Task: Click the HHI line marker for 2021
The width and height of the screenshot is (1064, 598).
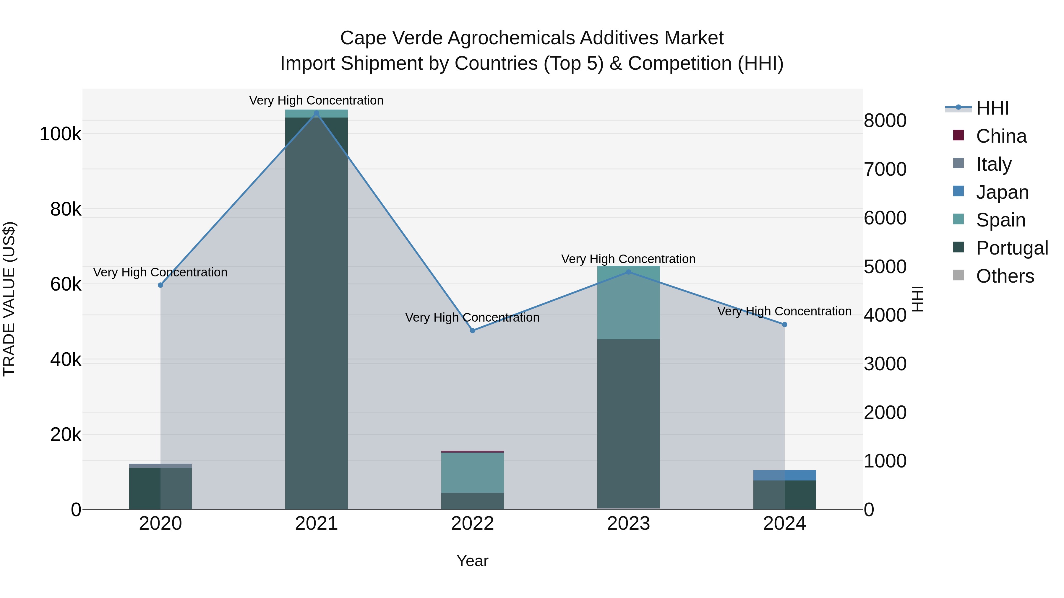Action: click(x=316, y=113)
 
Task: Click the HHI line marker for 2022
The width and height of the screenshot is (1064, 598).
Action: click(x=473, y=330)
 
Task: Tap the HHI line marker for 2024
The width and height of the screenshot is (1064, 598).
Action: click(x=784, y=324)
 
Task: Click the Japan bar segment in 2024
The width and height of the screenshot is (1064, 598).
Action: click(x=784, y=475)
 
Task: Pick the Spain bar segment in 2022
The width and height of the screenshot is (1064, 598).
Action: click(x=473, y=472)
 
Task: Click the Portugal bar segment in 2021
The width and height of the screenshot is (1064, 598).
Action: click(x=316, y=314)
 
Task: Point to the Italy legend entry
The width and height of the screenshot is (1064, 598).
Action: click(x=993, y=164)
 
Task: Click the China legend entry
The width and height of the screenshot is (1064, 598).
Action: click(x=1001, y=136)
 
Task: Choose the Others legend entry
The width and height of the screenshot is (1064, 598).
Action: click(x=1005, y=276)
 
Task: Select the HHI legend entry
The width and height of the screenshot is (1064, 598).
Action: click(x=992, y=108)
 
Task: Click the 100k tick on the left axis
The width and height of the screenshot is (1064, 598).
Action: click(x=60, y=134)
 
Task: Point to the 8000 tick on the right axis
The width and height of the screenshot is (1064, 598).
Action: click(x=885, y=121)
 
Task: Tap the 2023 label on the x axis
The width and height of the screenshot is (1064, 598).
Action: click(x=628, y=524)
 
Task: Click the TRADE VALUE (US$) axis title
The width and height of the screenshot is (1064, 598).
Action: click(x=9, y=299)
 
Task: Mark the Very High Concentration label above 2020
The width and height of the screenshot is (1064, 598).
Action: click(x=160, y=272)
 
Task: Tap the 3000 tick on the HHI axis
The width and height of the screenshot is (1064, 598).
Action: click(x=885, y=364)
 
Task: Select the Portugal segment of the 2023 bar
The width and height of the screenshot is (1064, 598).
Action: click(x=628, y=423)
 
